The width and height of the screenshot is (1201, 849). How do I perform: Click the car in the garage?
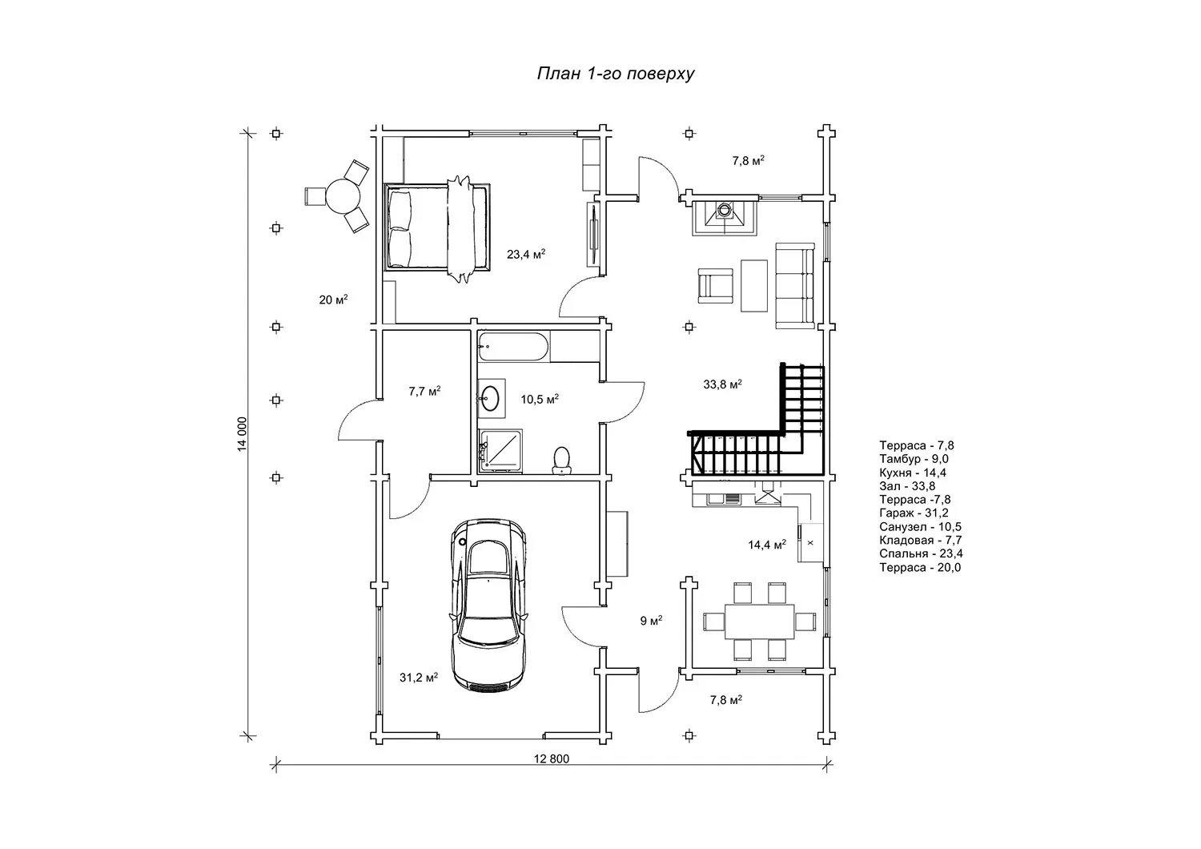(489, 605)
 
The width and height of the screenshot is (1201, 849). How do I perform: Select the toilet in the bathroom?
(562, 460)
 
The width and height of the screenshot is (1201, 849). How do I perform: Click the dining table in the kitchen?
(760, 621)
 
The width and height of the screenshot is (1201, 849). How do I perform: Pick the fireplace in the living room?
(725, 215)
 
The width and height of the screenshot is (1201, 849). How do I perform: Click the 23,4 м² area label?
(526, 255)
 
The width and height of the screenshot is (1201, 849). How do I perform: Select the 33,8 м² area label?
(722, 384)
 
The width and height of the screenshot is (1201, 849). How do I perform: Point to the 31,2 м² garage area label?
(419, 678)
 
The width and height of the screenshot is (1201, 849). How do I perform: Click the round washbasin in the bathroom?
(491, 396)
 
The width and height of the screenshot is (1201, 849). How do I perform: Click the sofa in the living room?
(793, 287)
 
